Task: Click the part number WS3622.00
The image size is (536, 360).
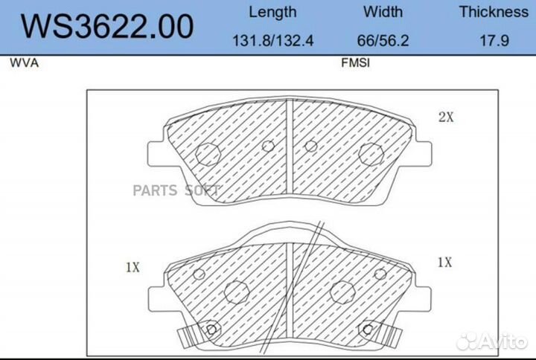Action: point(107,27)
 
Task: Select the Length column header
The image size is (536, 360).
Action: point(272,13)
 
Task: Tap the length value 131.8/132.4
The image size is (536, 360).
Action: point(272,41)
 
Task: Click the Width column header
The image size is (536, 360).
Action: point(383,12)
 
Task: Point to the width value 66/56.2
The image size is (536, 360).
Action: point(383,41)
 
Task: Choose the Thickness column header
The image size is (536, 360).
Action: point(494,12)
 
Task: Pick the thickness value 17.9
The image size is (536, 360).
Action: point(494,41)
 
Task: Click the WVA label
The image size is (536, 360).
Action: point(24,63)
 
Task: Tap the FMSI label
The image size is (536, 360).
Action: point(356,62)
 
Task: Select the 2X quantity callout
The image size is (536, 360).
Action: point(446,118)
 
